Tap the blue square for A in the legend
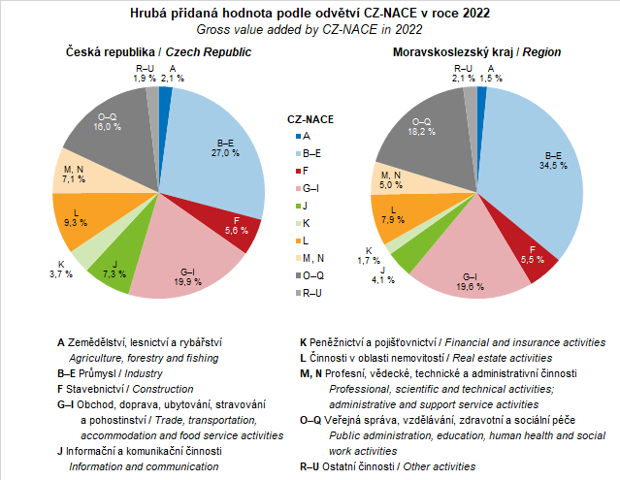point(293,137)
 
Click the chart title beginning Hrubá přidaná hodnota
point(310,15)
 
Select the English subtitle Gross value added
point(310,30)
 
